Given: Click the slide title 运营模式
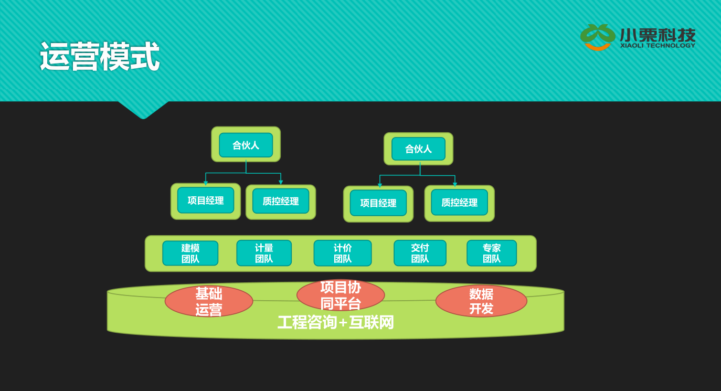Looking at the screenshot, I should click(x=100, y=57).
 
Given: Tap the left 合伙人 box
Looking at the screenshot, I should click(x=246, y=145).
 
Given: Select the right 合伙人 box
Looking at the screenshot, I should click(x=418, y=149).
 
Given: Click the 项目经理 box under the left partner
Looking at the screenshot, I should click(x=206, y=200).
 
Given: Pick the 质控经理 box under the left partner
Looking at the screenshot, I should click(x=281, y=202).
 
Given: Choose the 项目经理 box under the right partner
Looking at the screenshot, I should click(x=378, y=203).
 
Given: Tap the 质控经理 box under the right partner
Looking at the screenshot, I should click(x=459, y=203).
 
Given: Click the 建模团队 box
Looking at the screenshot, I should click(x=190, y=253).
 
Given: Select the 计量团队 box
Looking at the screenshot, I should click(x=264, y=253).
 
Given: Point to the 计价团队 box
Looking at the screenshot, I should click(x=343, y=253).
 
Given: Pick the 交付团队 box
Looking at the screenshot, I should click(x=420, y=253).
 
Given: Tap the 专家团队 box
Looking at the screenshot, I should click(x=492, y=253).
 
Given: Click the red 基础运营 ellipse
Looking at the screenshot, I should click(x=209, y=301).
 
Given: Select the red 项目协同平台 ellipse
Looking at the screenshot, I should click(x=341, y=295).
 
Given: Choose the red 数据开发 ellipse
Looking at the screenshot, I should click(x=481, y=301).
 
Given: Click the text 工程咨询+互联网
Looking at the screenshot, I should click(x=335, y=322).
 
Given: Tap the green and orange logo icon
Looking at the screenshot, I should click(x=597, y=37).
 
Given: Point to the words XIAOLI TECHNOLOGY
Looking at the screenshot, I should click(x=658, y=46).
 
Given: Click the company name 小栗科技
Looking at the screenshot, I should click(x=658, y=35).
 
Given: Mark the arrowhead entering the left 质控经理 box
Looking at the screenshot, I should click(x=281, y=183).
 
